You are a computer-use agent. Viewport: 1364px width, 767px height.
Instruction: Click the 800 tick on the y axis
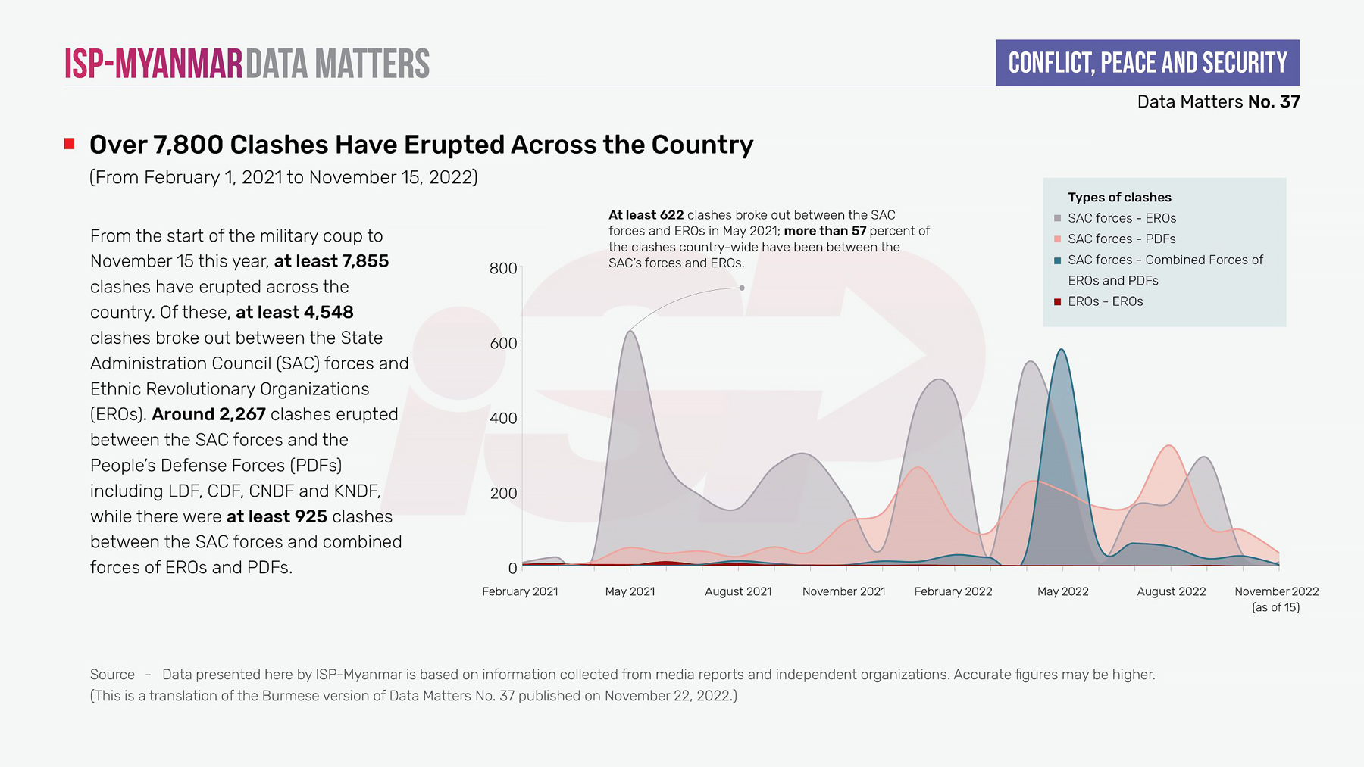[x=503, y=268]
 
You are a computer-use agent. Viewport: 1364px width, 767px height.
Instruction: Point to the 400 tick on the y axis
[x=503, y=418]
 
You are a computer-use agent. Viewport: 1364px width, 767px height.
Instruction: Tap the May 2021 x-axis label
[x=630, y=591]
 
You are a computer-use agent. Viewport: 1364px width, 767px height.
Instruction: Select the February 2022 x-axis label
[x=953, y=591]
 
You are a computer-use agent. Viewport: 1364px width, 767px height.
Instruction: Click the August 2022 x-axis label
[x=1171, y=591]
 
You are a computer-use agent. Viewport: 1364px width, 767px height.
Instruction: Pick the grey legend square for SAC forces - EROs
[x=1057, y=218]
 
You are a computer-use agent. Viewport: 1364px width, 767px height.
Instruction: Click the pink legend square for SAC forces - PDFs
[x=1057, y=239]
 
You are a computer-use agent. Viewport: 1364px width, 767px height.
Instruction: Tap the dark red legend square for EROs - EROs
[x=1057, y=301]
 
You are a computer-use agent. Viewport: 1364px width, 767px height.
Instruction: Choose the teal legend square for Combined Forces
[x=1057, y=260]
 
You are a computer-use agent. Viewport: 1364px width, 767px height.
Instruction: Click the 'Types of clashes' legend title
[x=1119, y=198]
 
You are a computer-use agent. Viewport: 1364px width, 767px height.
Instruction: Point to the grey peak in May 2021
[x=630, y=332]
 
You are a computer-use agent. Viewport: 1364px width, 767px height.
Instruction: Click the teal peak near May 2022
[x=1062, y=350]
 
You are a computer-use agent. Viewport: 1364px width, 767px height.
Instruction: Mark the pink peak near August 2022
[x=1169, y=446]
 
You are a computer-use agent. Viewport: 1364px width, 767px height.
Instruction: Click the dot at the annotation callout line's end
[x=742, y=288]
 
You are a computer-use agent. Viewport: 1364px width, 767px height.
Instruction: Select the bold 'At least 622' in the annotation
[x=646, y=215]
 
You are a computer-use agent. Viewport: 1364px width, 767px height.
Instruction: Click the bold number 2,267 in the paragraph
[x=242, y=414]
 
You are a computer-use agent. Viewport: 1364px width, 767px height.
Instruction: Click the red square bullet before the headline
[x=70, y=144]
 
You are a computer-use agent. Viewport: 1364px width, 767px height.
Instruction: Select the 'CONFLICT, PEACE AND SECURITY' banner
[x=1147, y=63]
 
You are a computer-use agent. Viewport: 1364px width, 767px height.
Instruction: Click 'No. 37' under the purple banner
[x=1274, y=101]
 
